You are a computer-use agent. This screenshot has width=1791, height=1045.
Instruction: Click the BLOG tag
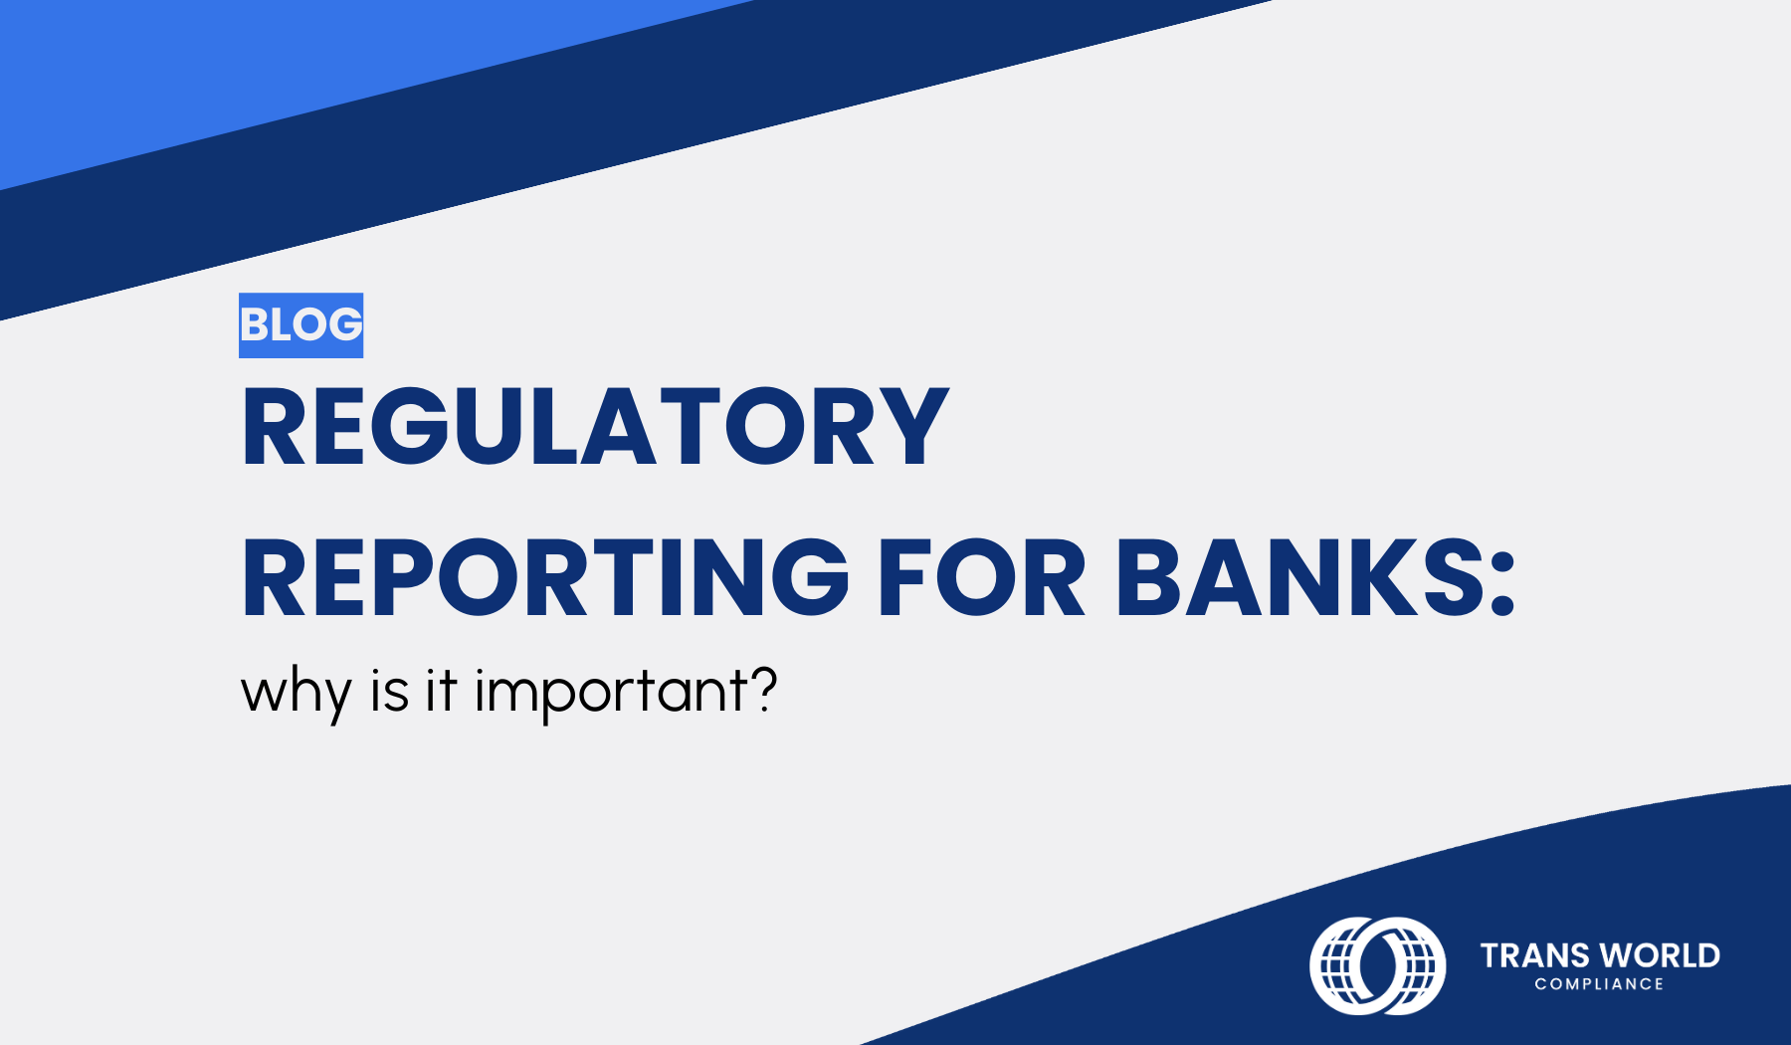300,325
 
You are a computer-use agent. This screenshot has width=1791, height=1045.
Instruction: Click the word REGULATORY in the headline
595,426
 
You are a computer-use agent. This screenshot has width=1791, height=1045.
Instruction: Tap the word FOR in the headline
981,577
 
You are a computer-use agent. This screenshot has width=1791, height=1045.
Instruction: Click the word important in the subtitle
611,692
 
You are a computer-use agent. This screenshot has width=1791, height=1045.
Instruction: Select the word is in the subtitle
389,690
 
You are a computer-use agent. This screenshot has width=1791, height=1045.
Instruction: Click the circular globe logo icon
1377,965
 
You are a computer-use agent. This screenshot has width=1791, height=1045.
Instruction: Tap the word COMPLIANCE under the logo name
1599,983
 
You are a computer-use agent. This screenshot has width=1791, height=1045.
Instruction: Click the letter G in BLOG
345,325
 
